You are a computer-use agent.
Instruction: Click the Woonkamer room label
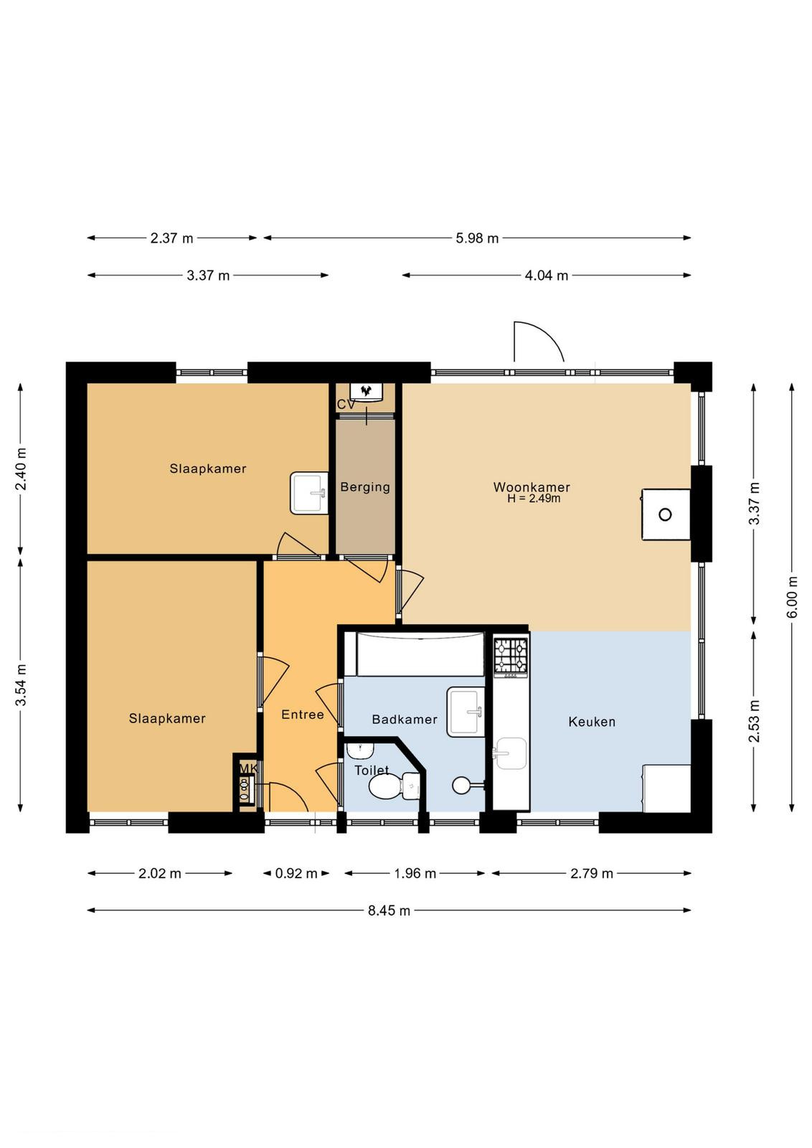(x=532, y=486)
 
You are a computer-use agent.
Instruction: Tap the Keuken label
(x=592, y=722)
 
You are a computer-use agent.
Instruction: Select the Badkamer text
(x=405, y=719)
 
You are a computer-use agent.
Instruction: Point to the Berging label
(x=365, y=487)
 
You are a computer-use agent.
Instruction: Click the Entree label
(x=302, y=715)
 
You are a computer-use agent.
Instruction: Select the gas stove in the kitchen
(x=510, y=656)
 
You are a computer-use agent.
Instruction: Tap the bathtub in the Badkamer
(x=420, y=654)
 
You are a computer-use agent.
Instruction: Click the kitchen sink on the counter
(x=510, y=753)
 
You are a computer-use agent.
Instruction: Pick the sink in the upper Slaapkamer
(x=309, y=493)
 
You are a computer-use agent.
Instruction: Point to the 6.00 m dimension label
(x=793, y=597)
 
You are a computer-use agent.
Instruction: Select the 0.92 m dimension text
(x=296, y=872)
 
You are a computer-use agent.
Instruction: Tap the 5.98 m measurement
(x=477, y=238)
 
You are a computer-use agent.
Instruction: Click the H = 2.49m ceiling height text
(x=534, y=498)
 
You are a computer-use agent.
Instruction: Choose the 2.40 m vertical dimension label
(x=21, y=469)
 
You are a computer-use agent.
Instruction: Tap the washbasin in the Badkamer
(x=466, y=712)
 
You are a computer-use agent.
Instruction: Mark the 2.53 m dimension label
(x=754, y=720)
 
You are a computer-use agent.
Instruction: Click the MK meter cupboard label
(x=248, y=768)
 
